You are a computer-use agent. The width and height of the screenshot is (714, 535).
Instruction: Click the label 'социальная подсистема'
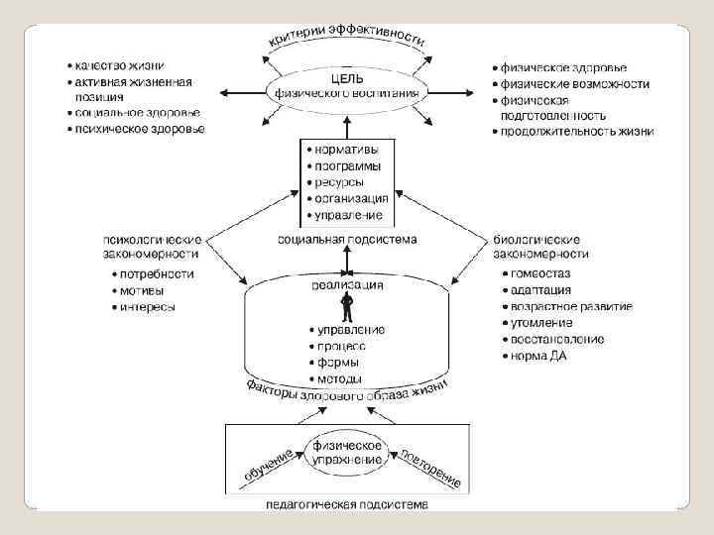pos(347,239)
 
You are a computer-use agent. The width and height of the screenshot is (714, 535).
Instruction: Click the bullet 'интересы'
pos(149,307)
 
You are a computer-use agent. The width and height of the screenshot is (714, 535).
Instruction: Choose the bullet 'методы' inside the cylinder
pos(339,378)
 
